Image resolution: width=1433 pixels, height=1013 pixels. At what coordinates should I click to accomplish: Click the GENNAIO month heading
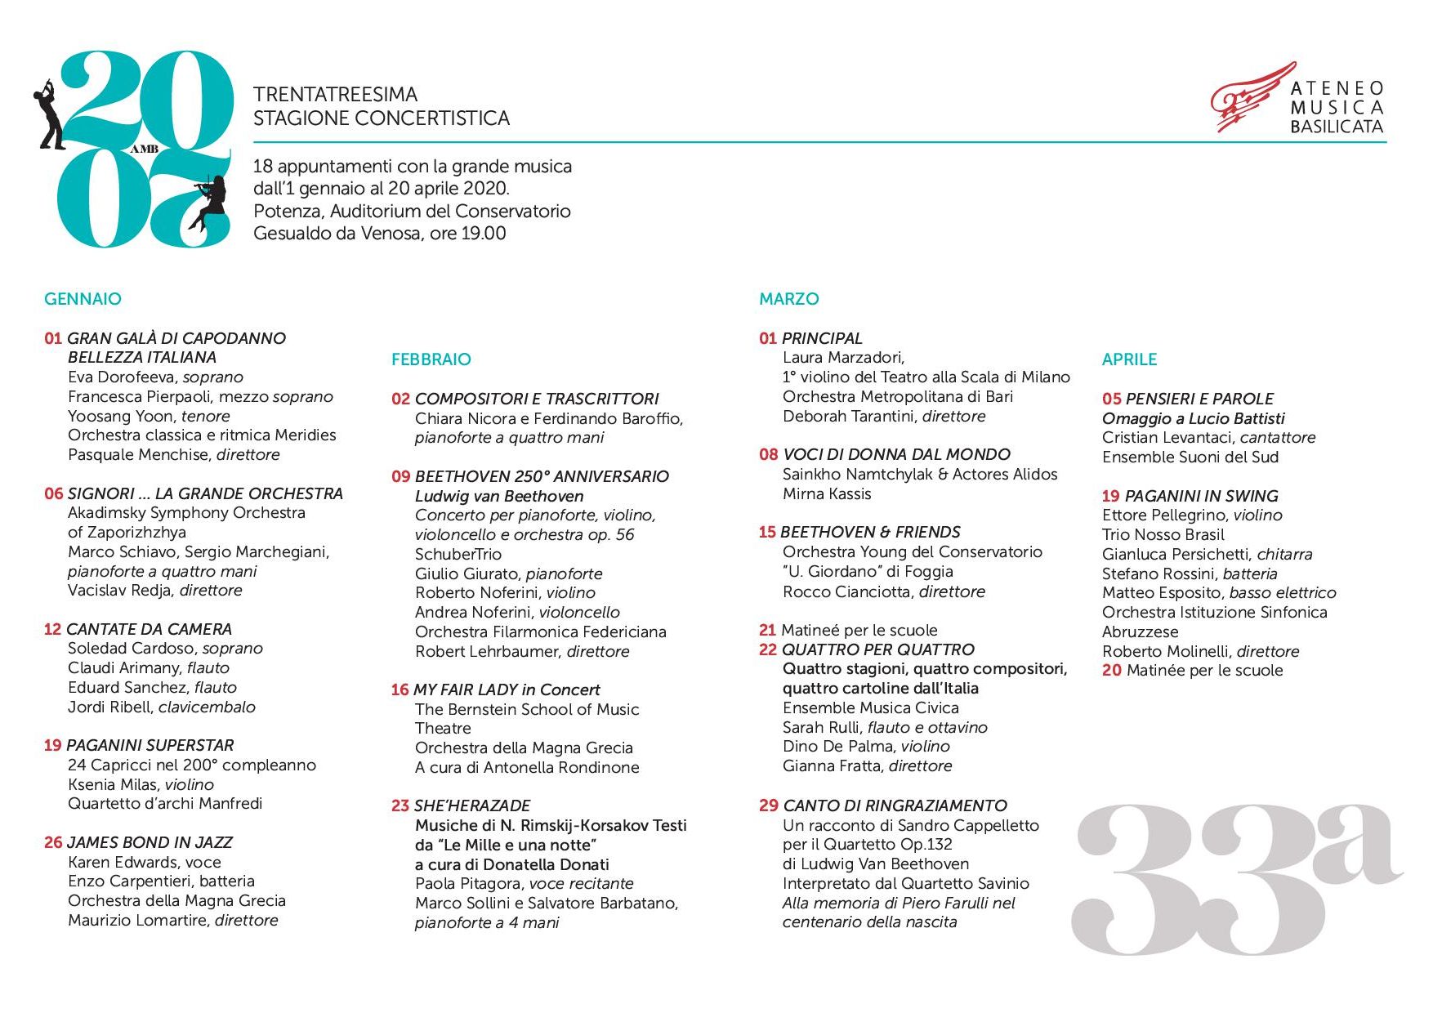pos(83,299)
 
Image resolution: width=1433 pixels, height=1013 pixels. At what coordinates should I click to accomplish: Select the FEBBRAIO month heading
pos(431,359)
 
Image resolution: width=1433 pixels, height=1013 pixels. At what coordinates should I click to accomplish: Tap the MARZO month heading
pos(788,299)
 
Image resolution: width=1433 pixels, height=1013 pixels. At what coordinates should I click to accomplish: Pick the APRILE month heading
pos(1129,359)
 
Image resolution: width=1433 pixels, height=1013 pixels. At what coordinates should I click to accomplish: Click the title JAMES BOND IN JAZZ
pos(150,842)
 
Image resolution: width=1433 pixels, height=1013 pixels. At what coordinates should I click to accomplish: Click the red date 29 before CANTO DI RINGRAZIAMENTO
pos(768,805)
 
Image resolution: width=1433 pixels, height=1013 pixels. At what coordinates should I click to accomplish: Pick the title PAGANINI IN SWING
pos(1201,496)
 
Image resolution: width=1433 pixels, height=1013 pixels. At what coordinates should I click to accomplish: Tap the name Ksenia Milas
pos(113,784)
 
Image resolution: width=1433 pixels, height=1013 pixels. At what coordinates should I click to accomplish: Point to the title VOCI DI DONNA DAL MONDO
pos(896,454)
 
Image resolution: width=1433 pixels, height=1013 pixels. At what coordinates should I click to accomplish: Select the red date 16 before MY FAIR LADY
pos(400,689)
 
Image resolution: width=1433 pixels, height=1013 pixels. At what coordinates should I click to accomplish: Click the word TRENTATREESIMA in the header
pos(335,95)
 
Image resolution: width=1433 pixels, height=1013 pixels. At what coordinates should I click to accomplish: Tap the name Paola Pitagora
pos(468,883)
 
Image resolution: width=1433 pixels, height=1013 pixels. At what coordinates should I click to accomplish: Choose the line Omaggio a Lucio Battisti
pos(1193,418)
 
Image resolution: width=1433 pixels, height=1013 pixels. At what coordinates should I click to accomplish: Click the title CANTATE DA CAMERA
pos(149,629)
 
